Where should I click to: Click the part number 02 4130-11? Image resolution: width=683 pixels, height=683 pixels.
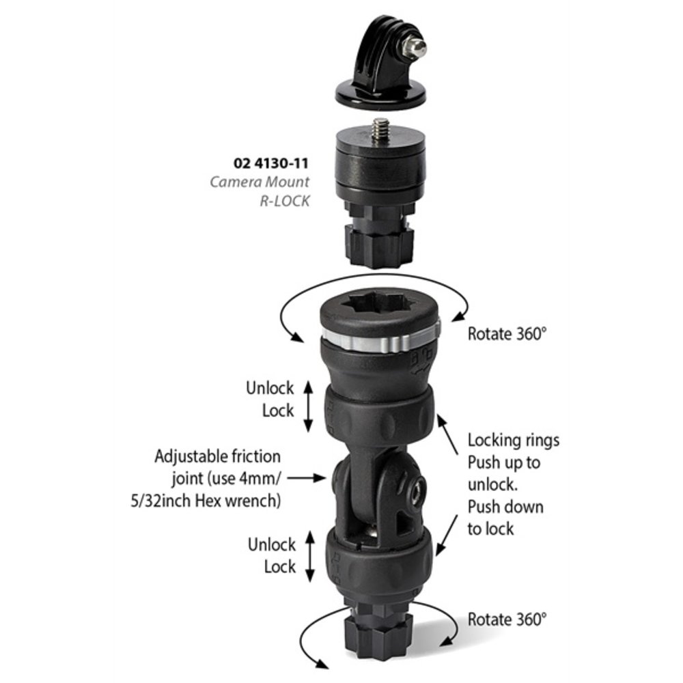click(271, 163)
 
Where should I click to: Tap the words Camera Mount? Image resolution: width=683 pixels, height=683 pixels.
click(260, 182)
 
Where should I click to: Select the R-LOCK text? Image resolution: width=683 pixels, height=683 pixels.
click(285, 201)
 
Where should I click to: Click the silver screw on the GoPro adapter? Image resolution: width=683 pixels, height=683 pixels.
click(414, 48)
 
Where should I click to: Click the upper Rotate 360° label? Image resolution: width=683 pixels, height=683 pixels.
click(507, 334)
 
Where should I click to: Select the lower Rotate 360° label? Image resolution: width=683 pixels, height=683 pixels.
click(507, 619)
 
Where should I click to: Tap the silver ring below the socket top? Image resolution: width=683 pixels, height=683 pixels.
click(380, 340)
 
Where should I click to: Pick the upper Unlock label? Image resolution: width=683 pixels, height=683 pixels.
click(270, 388)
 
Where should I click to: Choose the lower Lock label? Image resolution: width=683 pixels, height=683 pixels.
click(280, 567)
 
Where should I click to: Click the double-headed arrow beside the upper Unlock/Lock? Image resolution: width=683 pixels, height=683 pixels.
click(308, 406)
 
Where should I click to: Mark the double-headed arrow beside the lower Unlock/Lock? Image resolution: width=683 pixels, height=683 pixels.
click(309, 557)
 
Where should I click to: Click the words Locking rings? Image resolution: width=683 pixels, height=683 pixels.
click(514, 441)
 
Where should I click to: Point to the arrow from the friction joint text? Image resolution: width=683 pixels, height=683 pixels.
click(307, 478)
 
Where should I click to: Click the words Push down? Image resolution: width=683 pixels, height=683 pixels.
click(505, 507)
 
